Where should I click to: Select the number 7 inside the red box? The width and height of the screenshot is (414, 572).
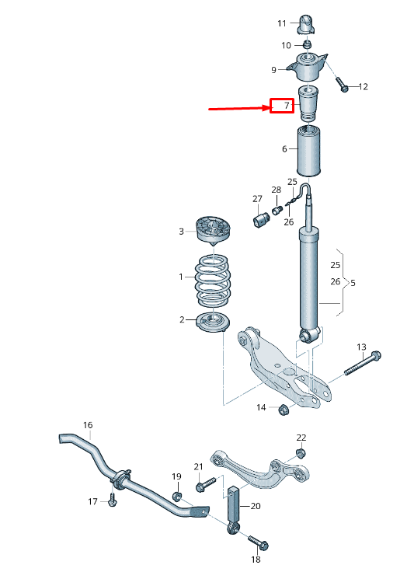[x=286, y=106]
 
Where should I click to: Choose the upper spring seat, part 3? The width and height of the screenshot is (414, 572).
[x=214, y=231]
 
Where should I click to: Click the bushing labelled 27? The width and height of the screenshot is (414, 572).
[x=262, y=220]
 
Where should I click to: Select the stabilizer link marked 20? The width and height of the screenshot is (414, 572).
[x=232, y=507]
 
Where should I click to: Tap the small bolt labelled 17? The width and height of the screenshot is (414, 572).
[x=112, y=501]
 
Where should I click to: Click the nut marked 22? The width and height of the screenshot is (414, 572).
[x=301, y=452]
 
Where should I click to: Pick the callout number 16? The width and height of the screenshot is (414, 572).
[x=88, y=425]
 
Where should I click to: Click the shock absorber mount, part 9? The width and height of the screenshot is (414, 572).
[x=308, y=68]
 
